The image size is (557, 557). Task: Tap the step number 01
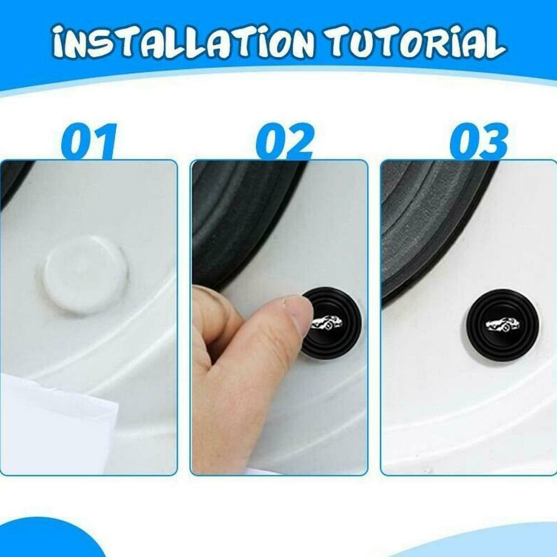coord(89,142)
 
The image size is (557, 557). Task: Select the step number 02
coord(284,142)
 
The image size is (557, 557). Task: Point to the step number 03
coord(479,142)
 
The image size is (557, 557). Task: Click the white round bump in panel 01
coord(85,274)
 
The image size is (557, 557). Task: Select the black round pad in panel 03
coord(500,324)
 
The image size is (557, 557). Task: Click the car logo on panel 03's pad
coord(502,323)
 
